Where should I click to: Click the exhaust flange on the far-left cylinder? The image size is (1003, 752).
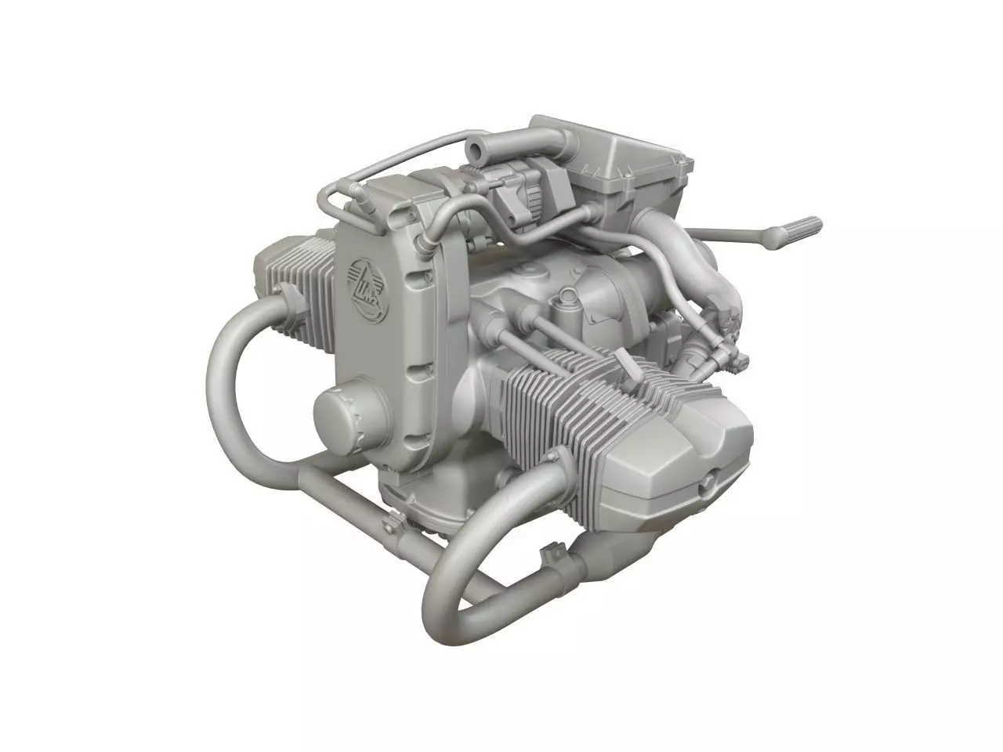(287, 298)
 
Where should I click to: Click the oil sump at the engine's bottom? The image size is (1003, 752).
(427, 501)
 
